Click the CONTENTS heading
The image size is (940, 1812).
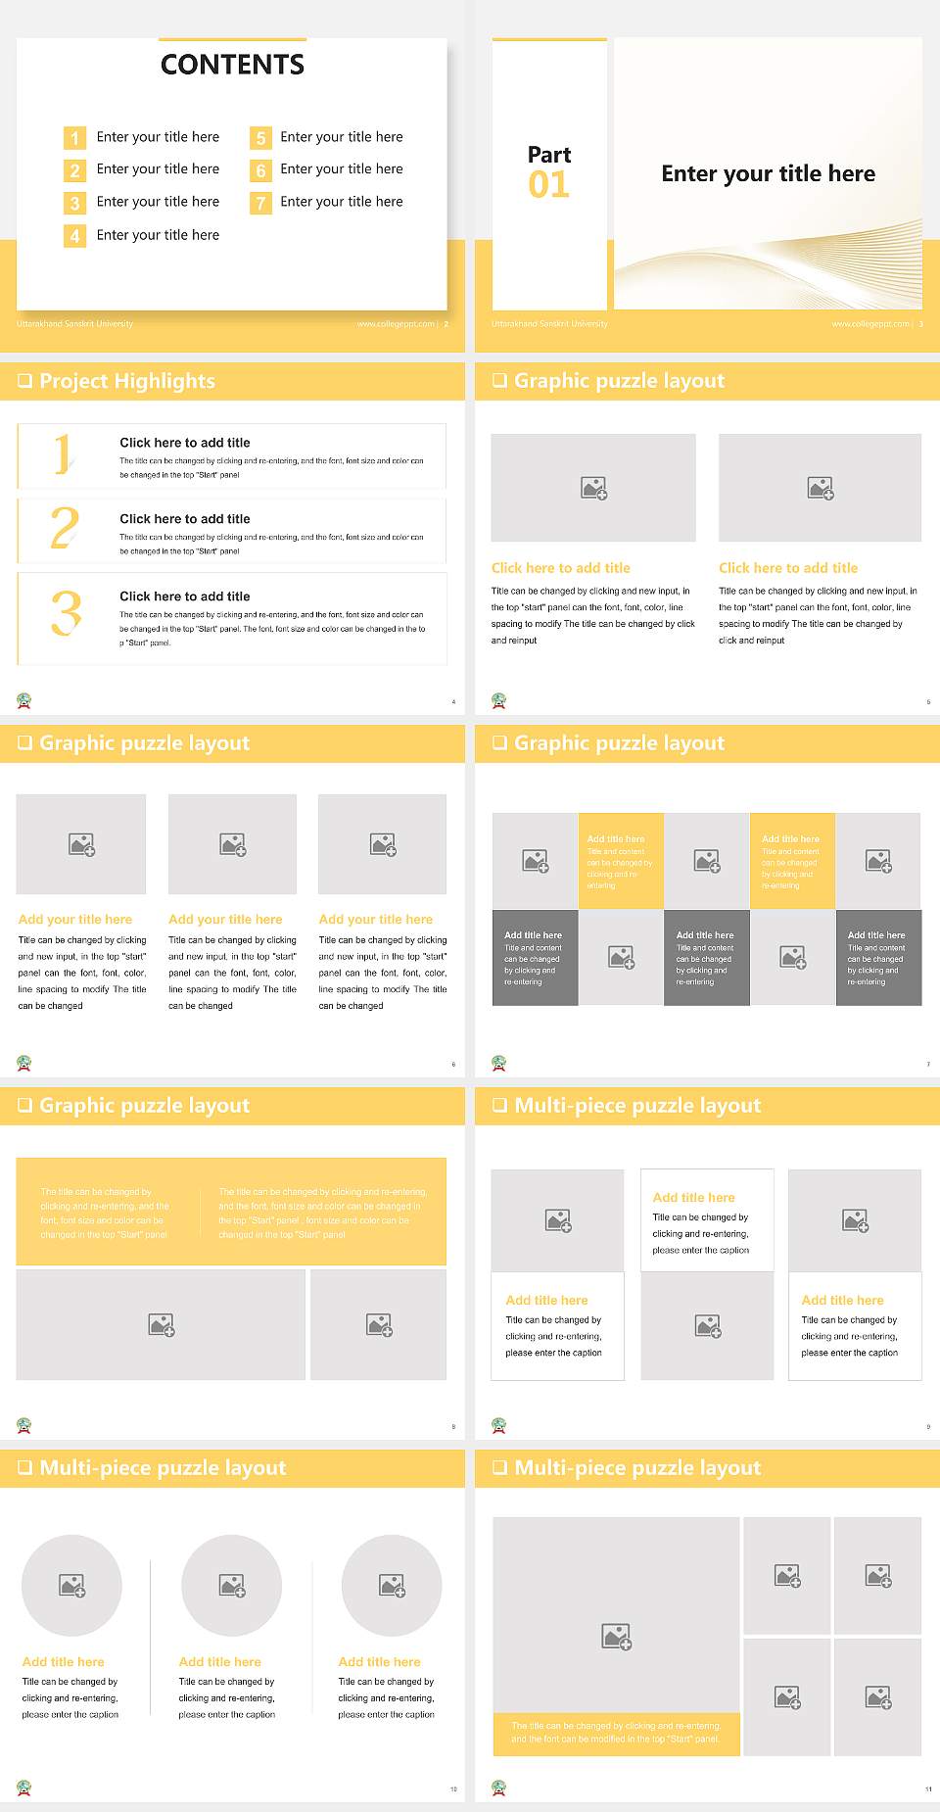tap(232, 65)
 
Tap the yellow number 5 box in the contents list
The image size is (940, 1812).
tap(260, 138)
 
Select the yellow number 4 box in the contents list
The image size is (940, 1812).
tap(74, 236)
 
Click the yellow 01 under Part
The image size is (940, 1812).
tap(548, 184)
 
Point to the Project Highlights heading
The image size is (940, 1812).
tap(127, 381)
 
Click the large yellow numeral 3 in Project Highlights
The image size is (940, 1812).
tap(66, 615)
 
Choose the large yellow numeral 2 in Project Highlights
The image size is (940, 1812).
tap(64, 528)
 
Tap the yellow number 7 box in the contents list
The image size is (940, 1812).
tap(260, 203)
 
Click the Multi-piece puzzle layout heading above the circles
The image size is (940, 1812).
tap(163, 1467)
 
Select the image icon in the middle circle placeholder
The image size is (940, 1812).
tap(232, 1585)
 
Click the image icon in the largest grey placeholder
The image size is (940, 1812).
tap(616, 1636)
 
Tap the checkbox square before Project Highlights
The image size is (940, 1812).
tap(25, 381)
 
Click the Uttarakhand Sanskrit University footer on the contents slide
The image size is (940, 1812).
tap(74, 323)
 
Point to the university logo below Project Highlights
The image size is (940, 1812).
tap(24, 700)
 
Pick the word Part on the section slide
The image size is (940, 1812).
tap(548, 155)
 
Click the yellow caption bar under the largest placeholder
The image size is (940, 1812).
tap(616, 1733)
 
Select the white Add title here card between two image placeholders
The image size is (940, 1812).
tap(707, 1220)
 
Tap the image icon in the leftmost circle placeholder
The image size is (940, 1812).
tap(72, 1585)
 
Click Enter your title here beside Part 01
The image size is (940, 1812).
tap(768, 174)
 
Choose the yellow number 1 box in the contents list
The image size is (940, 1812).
tap(74, 138)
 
